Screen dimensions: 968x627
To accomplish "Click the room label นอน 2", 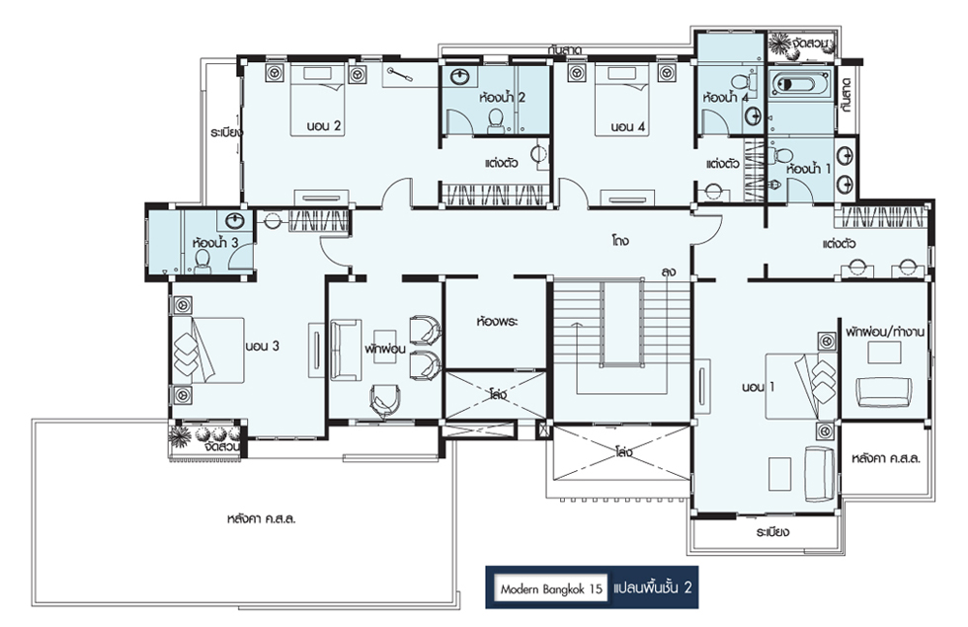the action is [324, 126].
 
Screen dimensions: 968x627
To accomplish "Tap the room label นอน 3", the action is [262, 347].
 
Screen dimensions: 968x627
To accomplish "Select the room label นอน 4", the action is [627, 127].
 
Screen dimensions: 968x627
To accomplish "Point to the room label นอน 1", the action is [759, 387].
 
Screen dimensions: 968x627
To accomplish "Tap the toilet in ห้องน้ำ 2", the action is [496, 120].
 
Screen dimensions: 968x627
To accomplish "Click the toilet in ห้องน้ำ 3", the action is [202, 263].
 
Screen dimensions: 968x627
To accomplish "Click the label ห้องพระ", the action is [497, 322].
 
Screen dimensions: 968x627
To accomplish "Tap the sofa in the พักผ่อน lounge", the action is [345, 350].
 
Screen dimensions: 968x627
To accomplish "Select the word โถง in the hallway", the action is [620, 241].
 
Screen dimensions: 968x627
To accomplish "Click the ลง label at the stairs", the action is [668, 272].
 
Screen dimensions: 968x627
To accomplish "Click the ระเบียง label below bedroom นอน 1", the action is [772, 532].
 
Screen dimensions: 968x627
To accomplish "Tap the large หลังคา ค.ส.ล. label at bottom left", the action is [261, 518].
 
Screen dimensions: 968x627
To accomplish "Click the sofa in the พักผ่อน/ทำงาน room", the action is [884, 392].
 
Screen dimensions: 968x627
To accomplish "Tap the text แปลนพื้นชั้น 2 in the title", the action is [653, 588].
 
